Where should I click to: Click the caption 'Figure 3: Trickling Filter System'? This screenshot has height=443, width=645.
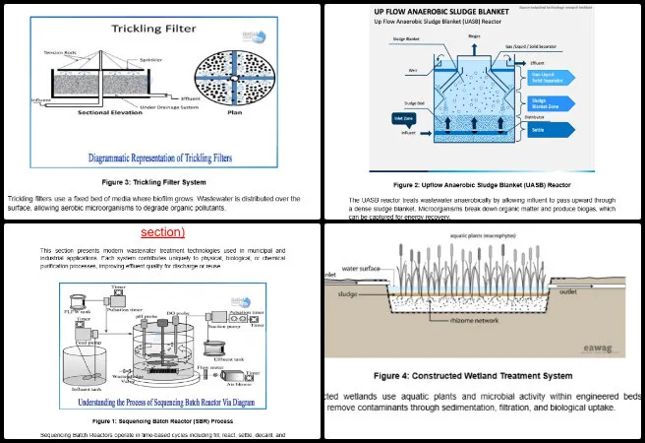[x=160, y=182]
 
